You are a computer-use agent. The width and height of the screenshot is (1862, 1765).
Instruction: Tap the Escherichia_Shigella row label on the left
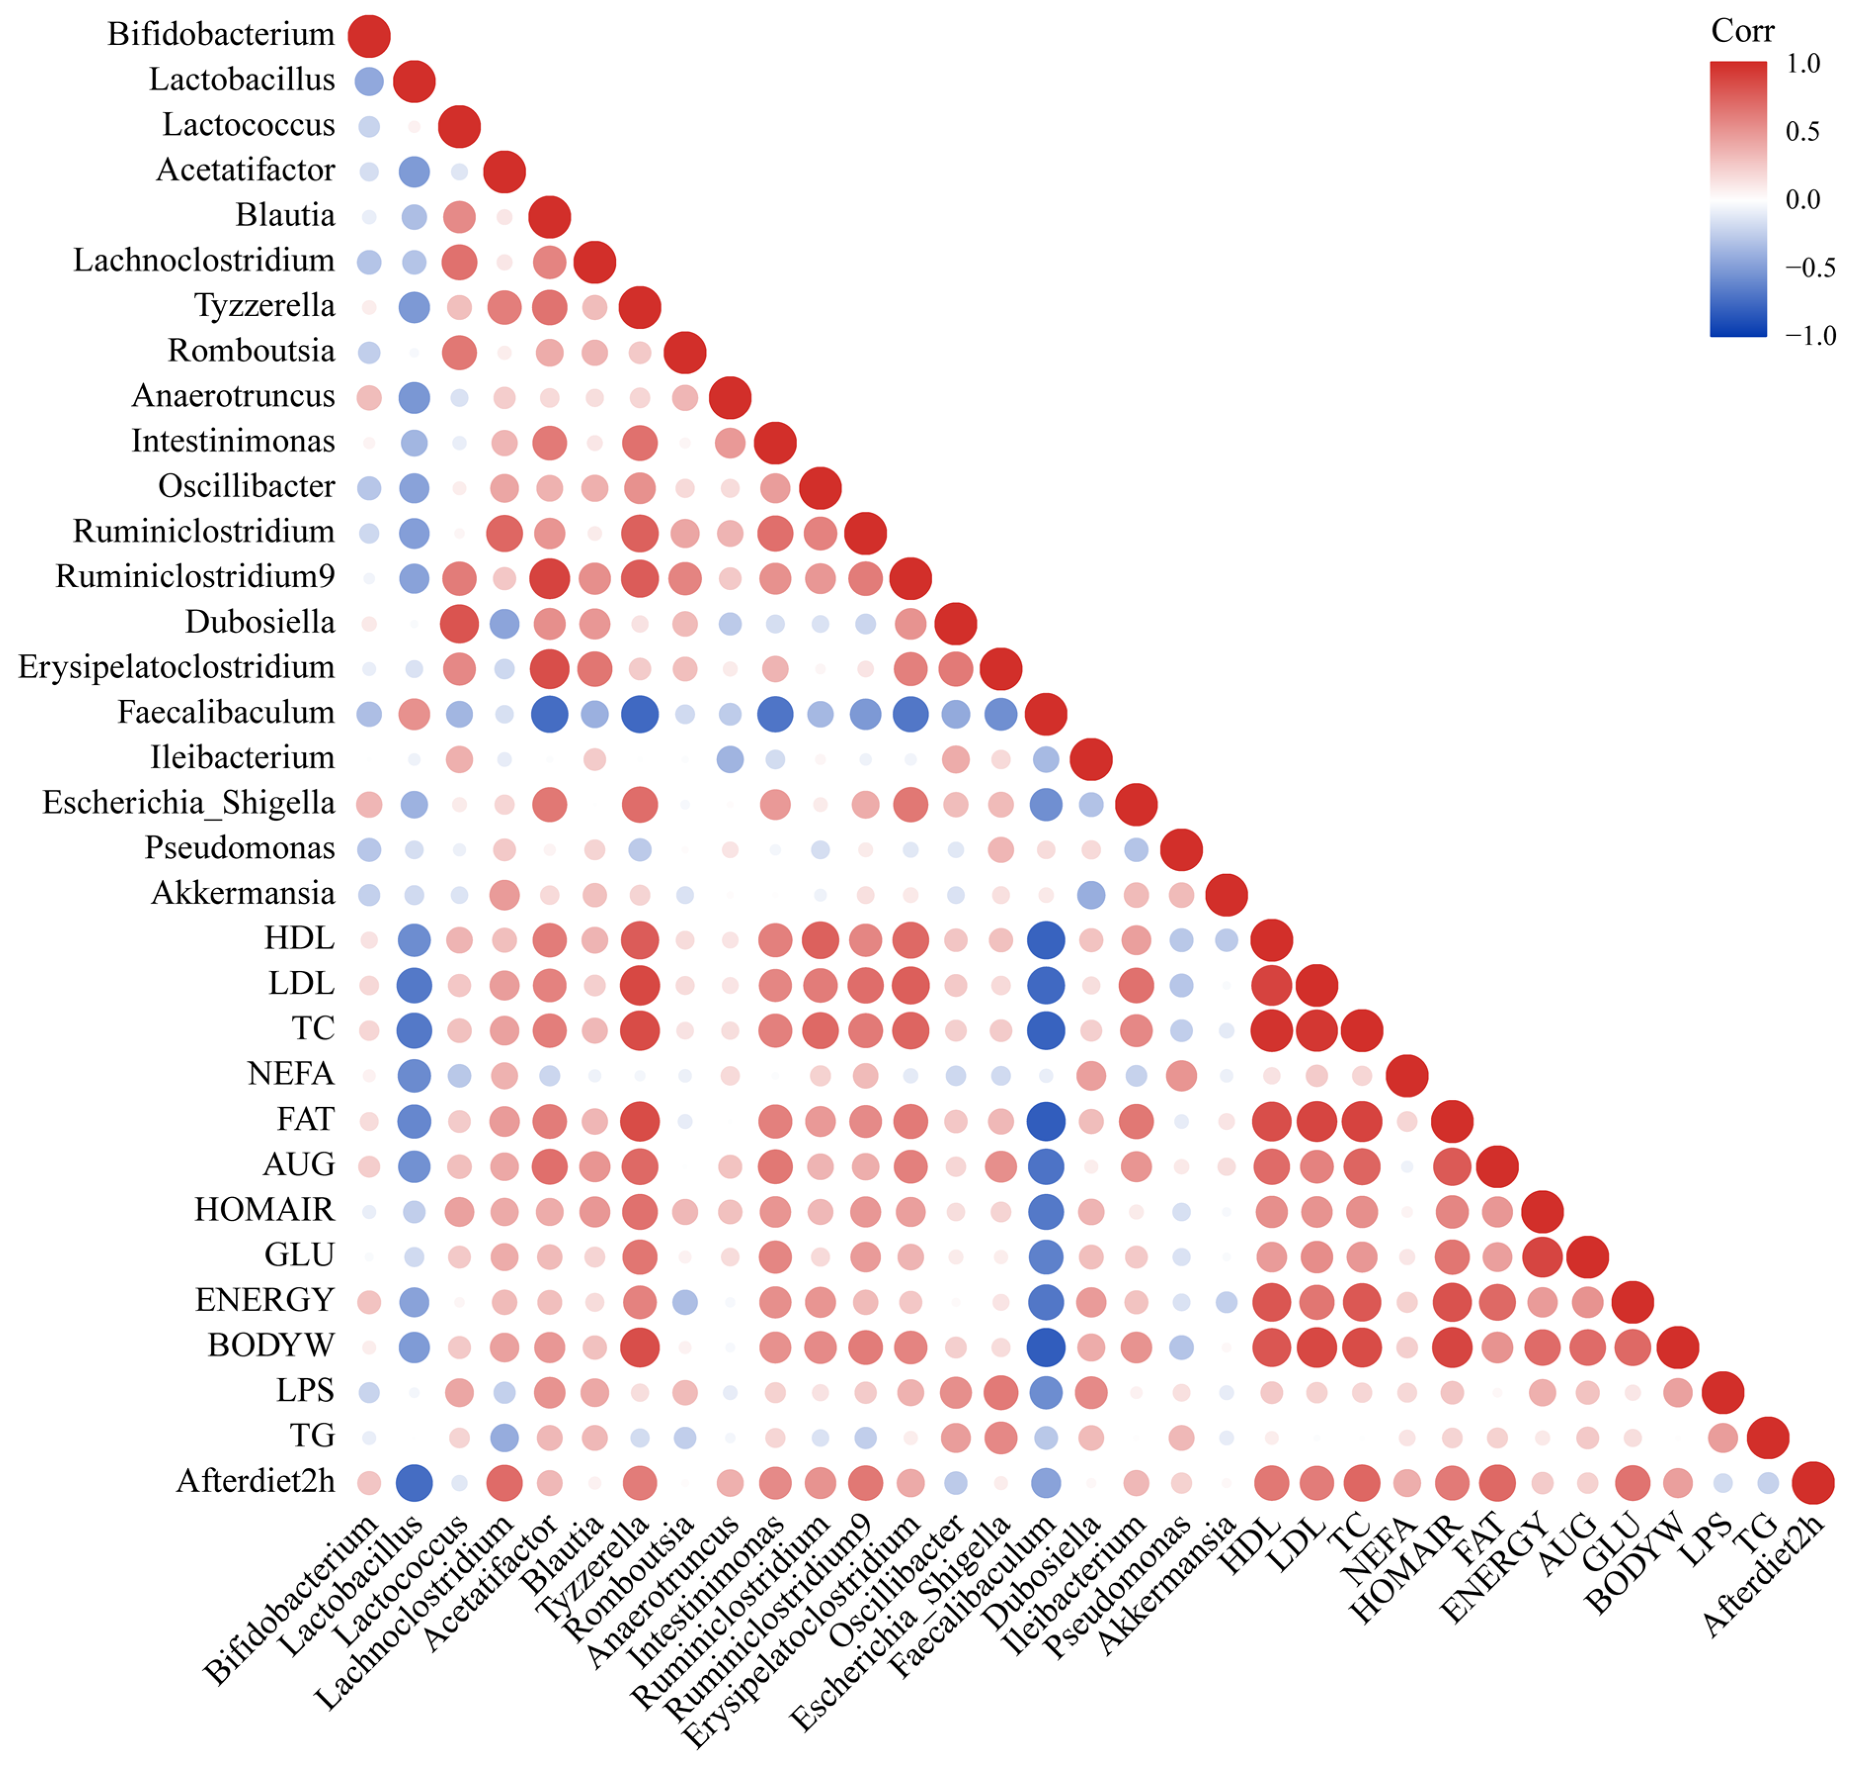pos(188,803)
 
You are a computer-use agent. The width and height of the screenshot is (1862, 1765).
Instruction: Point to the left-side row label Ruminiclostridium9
pos(195,577)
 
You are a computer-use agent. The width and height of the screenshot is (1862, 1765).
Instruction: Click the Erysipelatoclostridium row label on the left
pos(176,668)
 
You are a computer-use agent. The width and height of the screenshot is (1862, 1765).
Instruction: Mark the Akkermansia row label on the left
pos(242,894)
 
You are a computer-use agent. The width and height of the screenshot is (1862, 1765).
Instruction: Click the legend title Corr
pos(1741,31)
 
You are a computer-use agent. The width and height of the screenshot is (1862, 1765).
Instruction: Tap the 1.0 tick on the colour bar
pos(1803,64)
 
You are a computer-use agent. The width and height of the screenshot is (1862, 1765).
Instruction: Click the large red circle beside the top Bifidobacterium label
pos(369,36)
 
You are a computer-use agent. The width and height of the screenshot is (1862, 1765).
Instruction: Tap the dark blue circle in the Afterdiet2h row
pos(414,1483)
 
